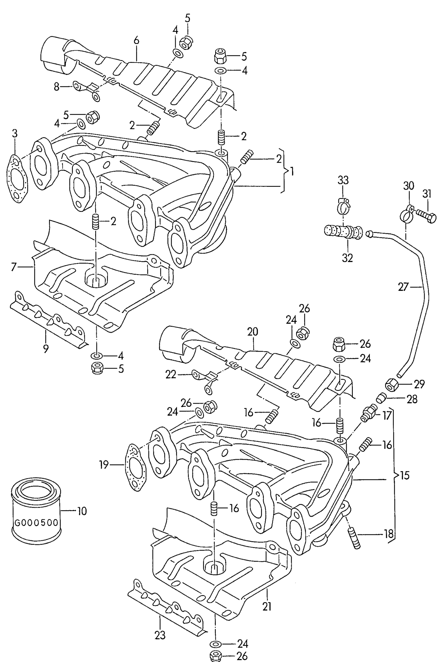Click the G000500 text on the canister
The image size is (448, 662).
36,523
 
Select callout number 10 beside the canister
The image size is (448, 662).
82,511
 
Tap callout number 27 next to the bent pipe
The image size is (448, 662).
403,287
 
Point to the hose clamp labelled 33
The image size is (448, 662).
343,206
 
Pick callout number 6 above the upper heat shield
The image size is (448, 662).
136,41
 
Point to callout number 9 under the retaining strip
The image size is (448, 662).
46,349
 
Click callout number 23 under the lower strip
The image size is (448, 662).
160,635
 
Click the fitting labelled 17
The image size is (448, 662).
368,414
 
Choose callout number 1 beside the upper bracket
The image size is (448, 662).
291,171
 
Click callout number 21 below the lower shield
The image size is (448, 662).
267,607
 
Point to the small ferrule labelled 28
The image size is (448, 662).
381,398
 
